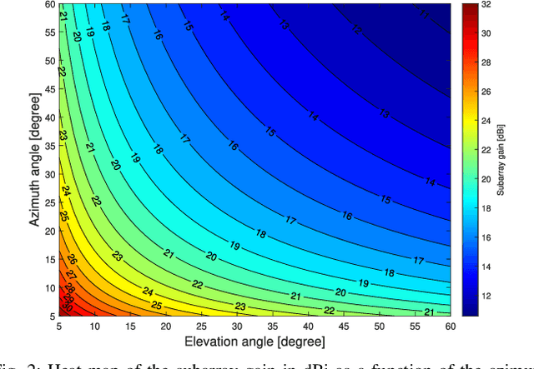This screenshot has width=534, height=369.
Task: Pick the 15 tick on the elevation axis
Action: tap(130, 326)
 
